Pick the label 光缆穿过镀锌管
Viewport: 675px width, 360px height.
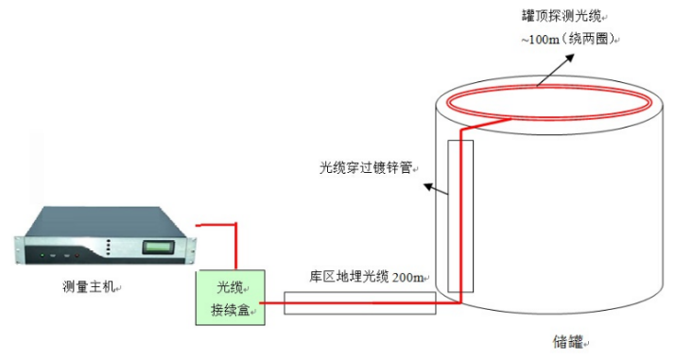click(367, 168)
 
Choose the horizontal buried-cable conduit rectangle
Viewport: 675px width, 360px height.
click(359, 302)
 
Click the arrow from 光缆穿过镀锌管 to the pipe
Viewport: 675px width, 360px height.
click(434, 189)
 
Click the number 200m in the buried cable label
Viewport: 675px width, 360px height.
click(407, 277)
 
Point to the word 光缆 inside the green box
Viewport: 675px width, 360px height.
click(230, 287)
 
